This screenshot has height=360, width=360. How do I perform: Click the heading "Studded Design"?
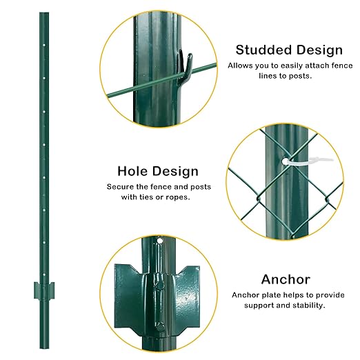(289, 50)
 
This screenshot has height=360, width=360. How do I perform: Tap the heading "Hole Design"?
(158, 171)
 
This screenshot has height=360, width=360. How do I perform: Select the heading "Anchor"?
(286, 279)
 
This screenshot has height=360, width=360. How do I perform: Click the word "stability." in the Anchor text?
(307, 305)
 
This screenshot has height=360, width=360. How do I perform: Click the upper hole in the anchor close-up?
(159, 242)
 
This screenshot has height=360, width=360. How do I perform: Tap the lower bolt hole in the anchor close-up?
(159, 326)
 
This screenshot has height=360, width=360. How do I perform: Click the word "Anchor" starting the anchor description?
(246, 294)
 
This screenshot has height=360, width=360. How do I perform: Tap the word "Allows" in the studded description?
(241, 66)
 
